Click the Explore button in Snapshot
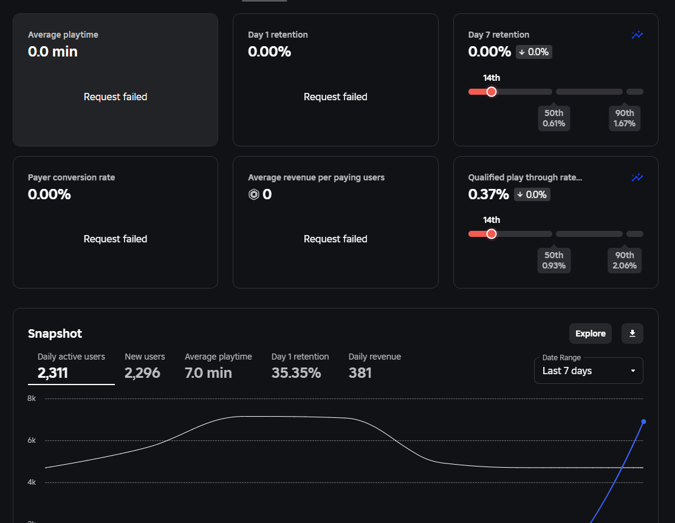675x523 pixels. (x=590, y=333)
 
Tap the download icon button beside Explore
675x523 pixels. (x=632, y=333)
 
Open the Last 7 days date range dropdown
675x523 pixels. (x=588, y=371)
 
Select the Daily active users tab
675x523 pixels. (x=71, y=366)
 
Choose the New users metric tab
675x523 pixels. (x=145, y=366)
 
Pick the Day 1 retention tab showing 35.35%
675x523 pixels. (x=300, y=366)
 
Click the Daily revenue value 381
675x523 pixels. (x=360, y=373)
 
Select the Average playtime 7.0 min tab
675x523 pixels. (x=218, y=366)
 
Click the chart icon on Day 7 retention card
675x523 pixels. (x=637, y=35)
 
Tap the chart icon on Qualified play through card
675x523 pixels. (x=637, y=177)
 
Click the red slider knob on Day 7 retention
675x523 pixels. (x=492, y=92)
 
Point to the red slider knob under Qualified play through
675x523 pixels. (x=492, y=234)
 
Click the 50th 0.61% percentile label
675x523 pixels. (x=553, y=118)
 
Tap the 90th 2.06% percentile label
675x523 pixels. (x=624, y=260)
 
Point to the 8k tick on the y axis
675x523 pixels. (x=32, y=398)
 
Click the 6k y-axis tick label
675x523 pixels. (x=32, y=440)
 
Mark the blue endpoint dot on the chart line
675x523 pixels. (x=643, y=422)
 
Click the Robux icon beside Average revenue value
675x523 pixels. (x=254, y=194)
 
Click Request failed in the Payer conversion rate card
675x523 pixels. (x=115, y=239)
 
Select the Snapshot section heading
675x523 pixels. (x=55, y=333)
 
